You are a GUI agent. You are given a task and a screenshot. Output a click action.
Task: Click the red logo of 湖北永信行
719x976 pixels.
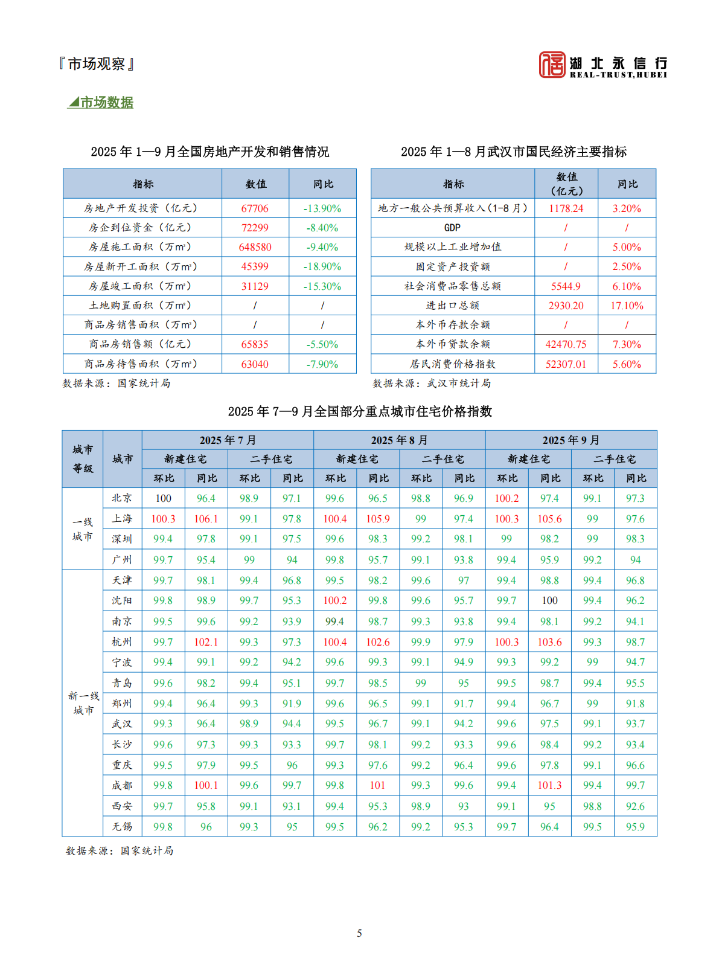point(552,65)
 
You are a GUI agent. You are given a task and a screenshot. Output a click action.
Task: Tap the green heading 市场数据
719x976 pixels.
point(106,103)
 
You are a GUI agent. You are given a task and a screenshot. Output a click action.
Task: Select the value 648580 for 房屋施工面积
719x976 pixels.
point(255,247)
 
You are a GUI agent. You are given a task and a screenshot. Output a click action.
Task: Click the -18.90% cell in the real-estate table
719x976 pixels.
point(322,266)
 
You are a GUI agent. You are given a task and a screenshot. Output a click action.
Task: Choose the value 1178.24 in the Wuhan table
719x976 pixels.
point(566,208)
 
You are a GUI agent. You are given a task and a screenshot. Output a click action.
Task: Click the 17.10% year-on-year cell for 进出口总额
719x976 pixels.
point(627,306)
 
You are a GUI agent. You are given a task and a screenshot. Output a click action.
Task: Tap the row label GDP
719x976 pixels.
point(452,228)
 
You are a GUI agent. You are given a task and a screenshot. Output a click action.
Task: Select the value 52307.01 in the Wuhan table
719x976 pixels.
point(566,364)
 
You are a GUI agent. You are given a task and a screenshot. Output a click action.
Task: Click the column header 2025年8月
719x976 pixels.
point(399,440)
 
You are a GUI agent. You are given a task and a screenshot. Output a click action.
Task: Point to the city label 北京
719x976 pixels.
point(122,498)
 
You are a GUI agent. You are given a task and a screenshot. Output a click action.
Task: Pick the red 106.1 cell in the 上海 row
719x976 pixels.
point(206,519)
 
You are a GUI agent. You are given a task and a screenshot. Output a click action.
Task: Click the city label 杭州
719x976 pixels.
point(122,642)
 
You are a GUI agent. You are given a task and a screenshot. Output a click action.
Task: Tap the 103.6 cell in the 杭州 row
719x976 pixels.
point(549,642)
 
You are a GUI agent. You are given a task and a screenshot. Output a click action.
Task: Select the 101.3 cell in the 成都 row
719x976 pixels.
point(549,785)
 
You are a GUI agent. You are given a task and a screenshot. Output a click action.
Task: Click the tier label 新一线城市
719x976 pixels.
point(83,703)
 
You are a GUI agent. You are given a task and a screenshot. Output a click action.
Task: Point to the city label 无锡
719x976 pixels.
point(122,826)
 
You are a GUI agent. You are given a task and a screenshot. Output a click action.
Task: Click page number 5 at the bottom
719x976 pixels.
point(359,933)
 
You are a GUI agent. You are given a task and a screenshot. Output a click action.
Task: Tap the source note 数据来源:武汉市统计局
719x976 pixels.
point(432,384)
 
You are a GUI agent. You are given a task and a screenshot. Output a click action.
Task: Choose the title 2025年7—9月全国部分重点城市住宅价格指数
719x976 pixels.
point(360,412)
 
